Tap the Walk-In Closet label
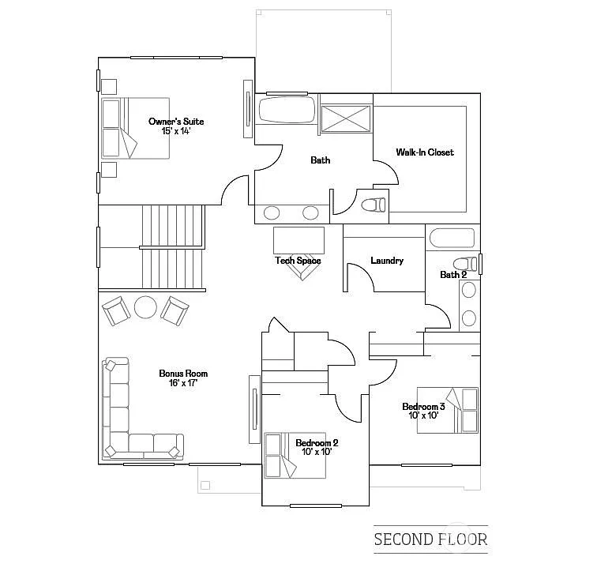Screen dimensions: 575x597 pyautogui.click(x=425, y=152)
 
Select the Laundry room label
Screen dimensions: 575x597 pyautogui.click(x=387, y=260)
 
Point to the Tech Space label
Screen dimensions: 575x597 pyautogui.click(x=298, y=260)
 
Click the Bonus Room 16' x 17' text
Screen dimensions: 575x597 pyautogui.click(x=182, y=378)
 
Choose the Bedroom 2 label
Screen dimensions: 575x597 pyautogui.click(x=317, y=447)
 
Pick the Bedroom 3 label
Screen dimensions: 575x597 pyautogui.click(x=423, y=411)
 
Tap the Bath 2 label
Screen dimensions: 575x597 pyautogui.click(x=453, y=274)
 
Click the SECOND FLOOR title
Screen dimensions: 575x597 pyautogui.click(x=430, y=540)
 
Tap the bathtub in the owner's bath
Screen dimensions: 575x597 pyautogui.click(x=285, y=111)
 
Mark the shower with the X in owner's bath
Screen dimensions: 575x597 pyautogui.click(x=346, y=118)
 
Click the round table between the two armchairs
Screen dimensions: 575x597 pyautogui.click(x=146, y=306)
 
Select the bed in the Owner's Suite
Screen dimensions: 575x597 pyautogui.click(x=135, y=128)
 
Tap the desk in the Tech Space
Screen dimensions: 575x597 pyautogui.click(x=298, y=239)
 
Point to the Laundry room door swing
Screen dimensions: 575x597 pyautogui.click(x=357, y=276)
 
